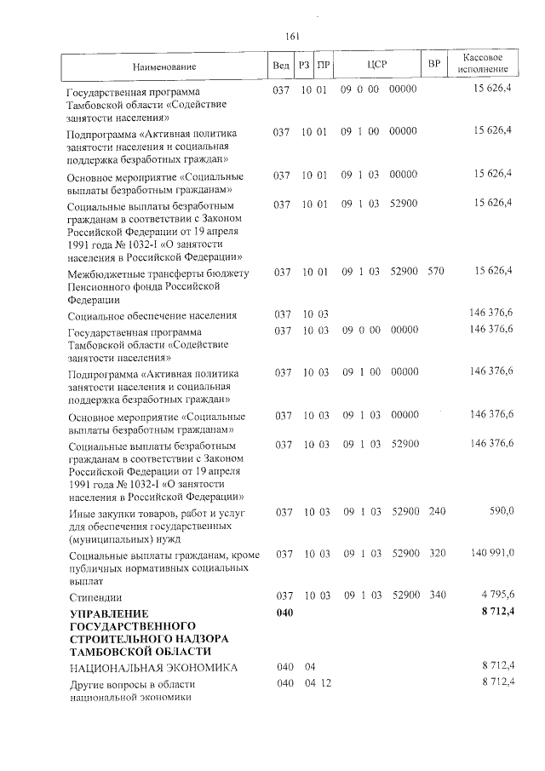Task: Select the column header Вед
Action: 280,66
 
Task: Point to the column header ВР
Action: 435,66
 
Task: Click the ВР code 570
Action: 437,271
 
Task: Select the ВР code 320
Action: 437,553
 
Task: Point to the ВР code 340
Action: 437,596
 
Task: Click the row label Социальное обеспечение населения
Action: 152,315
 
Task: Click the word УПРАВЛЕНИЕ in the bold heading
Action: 108,613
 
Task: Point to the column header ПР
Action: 322,66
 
